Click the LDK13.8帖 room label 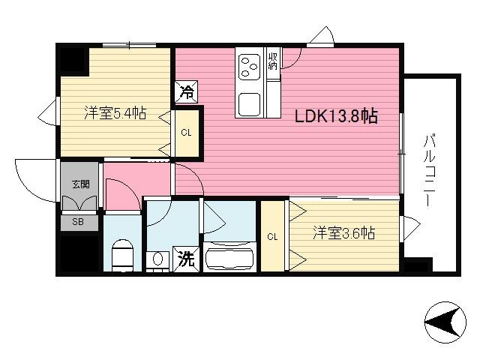pos(335,116)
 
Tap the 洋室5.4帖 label pos(114,113)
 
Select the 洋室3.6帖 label pos(343,233)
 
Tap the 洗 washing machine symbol pos(185,259)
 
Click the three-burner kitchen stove pos(249,69)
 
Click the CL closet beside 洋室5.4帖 pos(185,134)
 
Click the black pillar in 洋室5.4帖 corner pos(73,60)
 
